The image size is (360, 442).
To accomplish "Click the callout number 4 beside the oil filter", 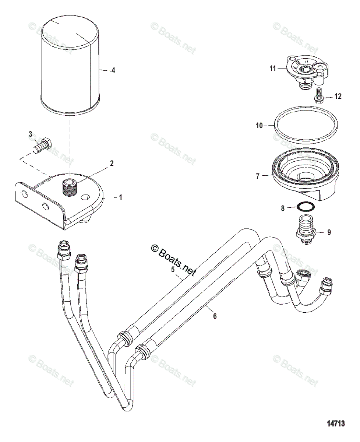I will coord(113,70).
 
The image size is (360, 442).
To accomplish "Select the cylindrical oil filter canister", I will coord(70,66).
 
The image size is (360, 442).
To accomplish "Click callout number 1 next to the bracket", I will coord(120,198).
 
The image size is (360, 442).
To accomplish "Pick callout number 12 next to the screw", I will coord(338,97).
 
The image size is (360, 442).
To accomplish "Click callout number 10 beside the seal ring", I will coord(259,126).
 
